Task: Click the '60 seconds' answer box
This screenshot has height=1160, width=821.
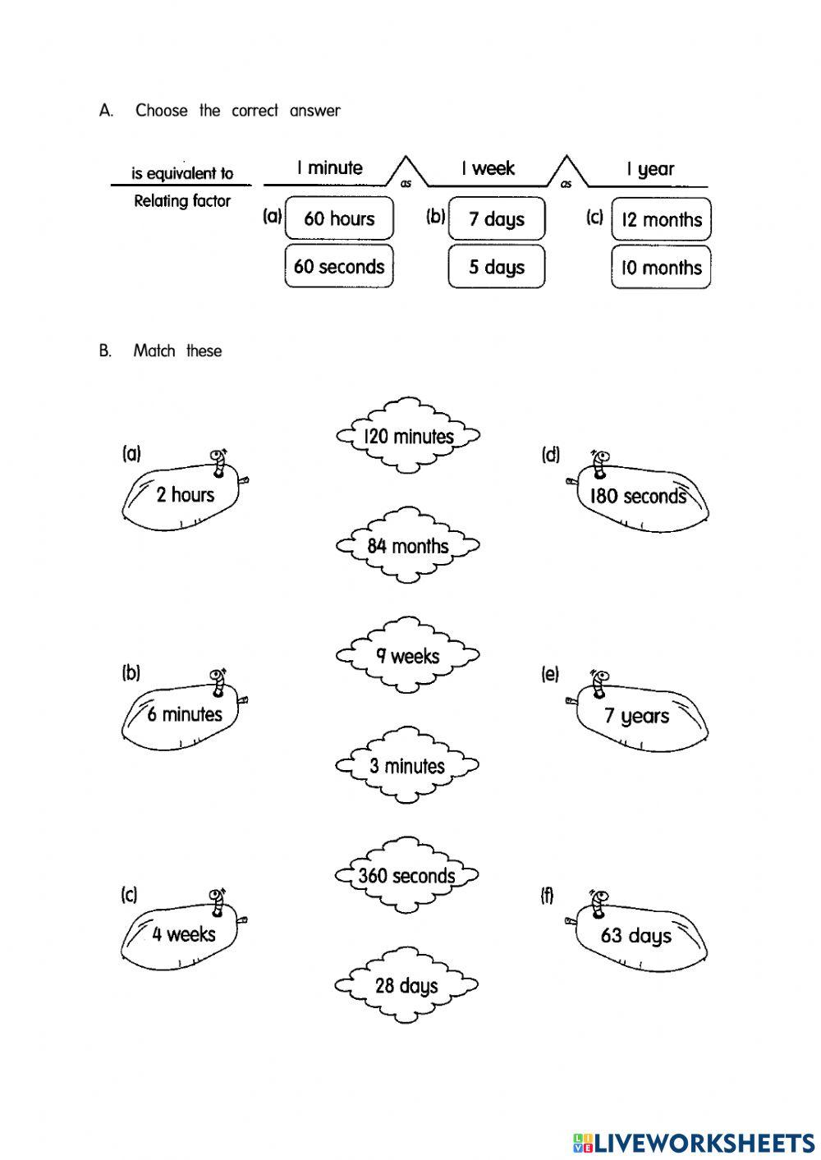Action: (339, 266)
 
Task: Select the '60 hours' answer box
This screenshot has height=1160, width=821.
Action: (339, 218)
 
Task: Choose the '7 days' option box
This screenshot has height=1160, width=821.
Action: (496, 218)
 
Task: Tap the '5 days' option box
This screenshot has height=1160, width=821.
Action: (496, 267)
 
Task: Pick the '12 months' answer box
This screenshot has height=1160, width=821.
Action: (661, 219)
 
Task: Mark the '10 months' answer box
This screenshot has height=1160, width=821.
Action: (661, 268)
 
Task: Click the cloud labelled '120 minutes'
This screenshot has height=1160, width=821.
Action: (407, 436)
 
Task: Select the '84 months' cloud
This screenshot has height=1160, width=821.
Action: (407, 545)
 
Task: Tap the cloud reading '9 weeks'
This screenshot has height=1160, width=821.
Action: (407, 656)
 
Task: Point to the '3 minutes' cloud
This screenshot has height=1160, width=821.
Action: (407, 766)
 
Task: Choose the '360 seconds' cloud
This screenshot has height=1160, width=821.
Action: (407, 875)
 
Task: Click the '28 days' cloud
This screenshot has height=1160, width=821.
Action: (407, 985)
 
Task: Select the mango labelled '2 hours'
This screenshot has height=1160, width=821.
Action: (184, 496)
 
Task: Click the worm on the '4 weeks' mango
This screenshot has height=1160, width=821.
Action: (218, 900)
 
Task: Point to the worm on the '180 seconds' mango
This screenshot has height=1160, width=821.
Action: (599, 462)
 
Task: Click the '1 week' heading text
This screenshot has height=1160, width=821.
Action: (488, 168)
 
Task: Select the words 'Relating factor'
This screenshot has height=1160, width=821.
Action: (182, 201)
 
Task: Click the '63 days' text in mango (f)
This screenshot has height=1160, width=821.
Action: (635, 935)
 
